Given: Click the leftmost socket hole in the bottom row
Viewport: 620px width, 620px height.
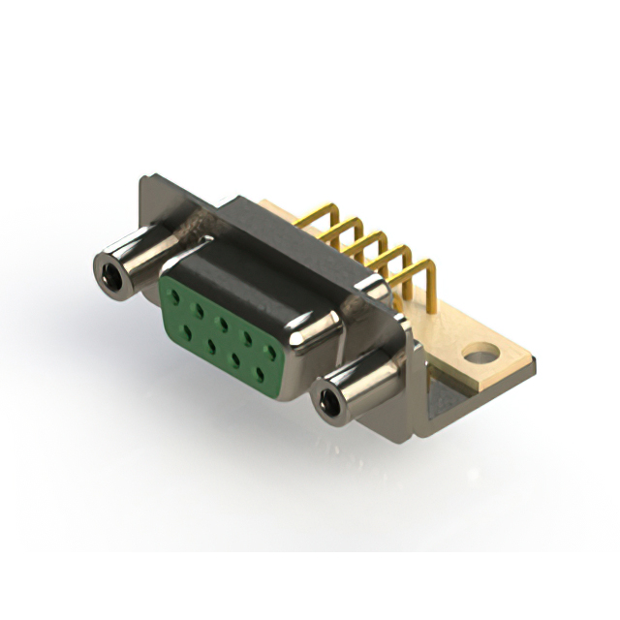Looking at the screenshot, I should pos(185,330).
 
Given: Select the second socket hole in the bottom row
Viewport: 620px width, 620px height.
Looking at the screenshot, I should pos(210,344).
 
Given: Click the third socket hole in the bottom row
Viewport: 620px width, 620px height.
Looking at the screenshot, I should pos(237,357).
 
